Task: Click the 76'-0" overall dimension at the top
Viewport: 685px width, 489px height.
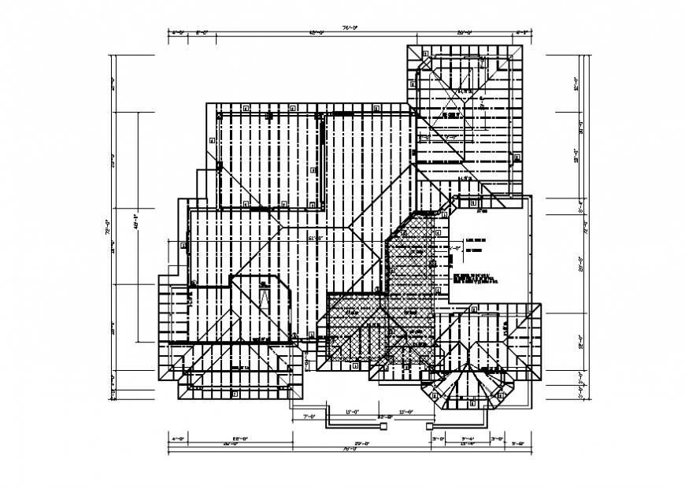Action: coord(350,28)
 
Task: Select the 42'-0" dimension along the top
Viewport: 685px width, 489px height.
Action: coord(317,33)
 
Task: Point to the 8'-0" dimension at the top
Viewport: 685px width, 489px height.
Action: coord(202,33)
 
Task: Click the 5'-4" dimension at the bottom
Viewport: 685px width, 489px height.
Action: coord(467,438)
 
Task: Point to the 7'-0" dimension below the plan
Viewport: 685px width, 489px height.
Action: coord(309,417)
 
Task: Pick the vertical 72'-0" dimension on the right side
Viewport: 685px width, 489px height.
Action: coord(585,232)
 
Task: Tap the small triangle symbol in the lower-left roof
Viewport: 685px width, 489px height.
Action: coord(265,297)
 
